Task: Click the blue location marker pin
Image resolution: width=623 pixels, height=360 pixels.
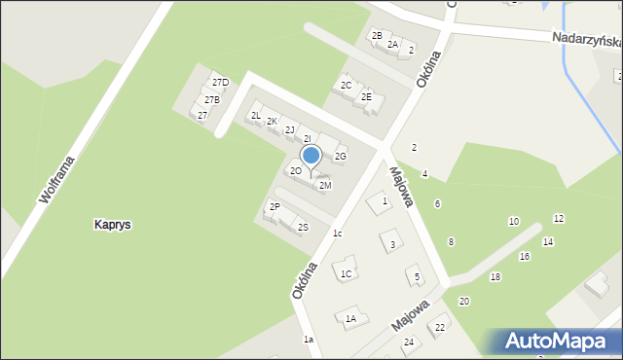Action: coord(311,156)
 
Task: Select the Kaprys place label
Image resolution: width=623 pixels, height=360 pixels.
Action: coord(112,225)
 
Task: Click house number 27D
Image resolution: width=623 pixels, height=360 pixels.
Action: coord(221,83)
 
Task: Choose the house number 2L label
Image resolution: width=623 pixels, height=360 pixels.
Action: coord(256,116)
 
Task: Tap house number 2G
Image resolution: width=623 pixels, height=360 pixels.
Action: coord(341,156)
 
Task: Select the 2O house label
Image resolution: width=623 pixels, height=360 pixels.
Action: coord(295,171)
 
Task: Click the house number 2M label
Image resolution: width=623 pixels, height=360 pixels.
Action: coord(325,185)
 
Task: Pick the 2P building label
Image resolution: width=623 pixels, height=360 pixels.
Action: coord(275,206)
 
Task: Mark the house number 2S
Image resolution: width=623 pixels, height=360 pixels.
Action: coord(303,228)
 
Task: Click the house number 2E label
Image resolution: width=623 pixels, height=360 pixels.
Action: coord(367,96)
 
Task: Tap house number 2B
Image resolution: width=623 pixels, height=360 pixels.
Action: coord(377,36)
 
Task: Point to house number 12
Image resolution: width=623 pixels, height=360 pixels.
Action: coord(559,218)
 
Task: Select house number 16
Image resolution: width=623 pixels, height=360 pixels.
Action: coord(524,256)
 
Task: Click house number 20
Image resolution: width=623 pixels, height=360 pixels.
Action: coord(463,301)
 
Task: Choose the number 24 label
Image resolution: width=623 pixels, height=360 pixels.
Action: coord(409,342)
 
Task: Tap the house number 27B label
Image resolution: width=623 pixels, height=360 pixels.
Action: coord(211,99)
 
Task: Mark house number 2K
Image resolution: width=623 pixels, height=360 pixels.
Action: coord(273,122)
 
